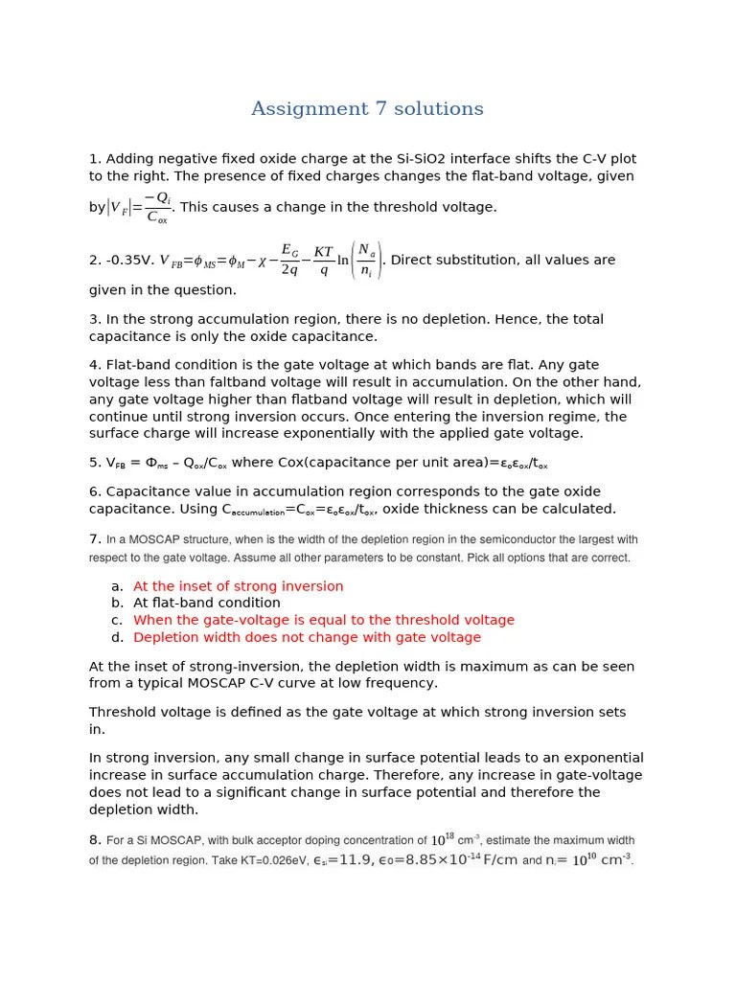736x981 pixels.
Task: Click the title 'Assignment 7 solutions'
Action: (x=367, y=109)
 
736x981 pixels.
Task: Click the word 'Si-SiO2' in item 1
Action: (x=423, y=159)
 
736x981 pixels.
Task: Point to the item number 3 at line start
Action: (x=94, y=319)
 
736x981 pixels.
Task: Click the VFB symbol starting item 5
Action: (x=119, y=464)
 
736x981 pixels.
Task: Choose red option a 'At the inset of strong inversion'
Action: (x=238, y=586)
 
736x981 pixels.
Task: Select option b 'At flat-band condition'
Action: (x=206, y=604)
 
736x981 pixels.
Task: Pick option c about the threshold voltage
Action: (x=323, y=621)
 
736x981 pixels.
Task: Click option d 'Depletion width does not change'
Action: (x=307, y=638)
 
